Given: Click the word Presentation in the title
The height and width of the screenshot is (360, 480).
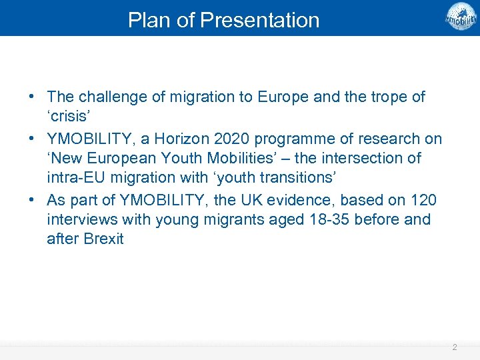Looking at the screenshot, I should [x=259, y=20].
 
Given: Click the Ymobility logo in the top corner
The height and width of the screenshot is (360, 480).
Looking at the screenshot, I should [x=461, y=17].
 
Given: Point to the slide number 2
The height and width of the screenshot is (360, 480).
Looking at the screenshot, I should [x=454, y=347].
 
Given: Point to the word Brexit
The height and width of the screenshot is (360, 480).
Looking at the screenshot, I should [x=103, y=239].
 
